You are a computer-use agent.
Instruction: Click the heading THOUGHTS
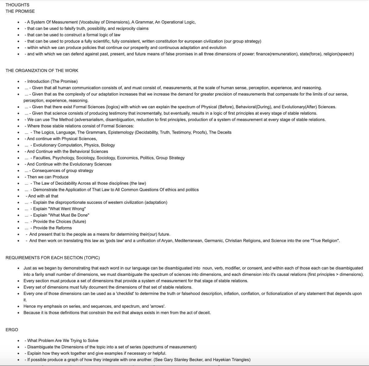click(x=18, y=5)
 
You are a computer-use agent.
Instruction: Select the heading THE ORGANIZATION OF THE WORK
click(x=42, y=70)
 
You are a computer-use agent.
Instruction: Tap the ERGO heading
click(x=12, y=330)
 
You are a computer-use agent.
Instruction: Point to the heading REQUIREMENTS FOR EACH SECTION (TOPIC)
click(x=53, y=257)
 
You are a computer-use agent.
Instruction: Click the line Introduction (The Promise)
click(x=52, y=81)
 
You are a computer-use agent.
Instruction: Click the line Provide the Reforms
click(x=52, y=228)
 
